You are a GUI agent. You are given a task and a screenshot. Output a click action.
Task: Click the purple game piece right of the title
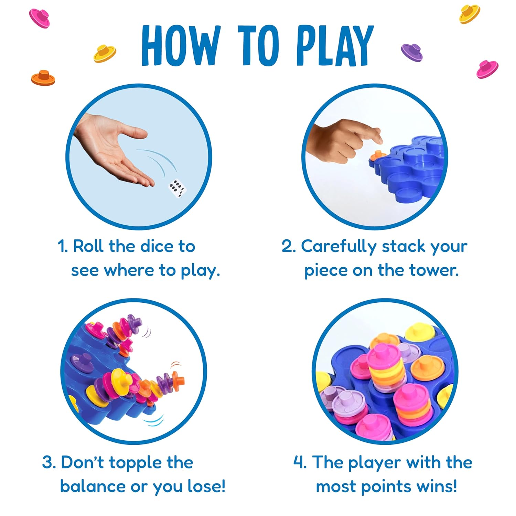click(x=412, y=52)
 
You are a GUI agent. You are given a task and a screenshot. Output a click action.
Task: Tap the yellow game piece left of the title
click(x=105, y=53)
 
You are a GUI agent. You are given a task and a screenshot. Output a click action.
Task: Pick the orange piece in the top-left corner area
click(x=43, y=78)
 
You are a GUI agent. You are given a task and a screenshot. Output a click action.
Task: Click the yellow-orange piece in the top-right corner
click(x=470, y=14)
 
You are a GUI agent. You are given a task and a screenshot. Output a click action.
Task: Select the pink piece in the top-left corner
click(x=40, y=18)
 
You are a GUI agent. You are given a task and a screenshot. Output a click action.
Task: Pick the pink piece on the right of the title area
click(x=487, y=69)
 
